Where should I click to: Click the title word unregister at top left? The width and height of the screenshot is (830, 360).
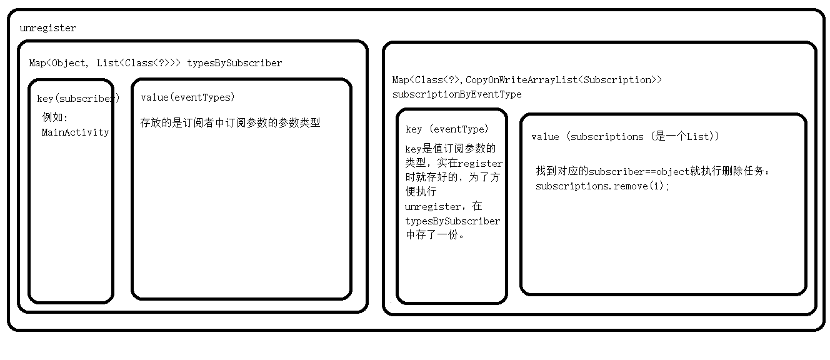(48, 28)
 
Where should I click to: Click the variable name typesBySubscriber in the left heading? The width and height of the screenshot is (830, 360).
(234, 63)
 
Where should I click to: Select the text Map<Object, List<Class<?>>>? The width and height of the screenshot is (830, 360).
(105, 63)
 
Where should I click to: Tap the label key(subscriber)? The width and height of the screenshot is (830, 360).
(78, 99)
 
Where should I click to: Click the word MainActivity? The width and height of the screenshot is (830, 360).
(75, 132)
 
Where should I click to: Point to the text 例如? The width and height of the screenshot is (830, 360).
(54, 117)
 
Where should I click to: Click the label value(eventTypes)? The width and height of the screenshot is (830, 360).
(187, 97)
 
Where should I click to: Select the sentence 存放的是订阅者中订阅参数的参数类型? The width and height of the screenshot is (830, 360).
(230, 123)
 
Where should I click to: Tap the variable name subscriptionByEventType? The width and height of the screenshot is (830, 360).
(456, 94)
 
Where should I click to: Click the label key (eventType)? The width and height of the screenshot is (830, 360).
(447, 129)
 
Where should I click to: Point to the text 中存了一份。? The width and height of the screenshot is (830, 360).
(435, 236)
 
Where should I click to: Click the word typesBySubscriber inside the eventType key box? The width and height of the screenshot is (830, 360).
(452, 221)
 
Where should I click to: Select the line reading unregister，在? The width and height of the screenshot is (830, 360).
(444, 206)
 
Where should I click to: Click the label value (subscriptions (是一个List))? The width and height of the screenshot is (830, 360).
(625, 137)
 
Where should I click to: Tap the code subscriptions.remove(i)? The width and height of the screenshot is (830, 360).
(602, 186)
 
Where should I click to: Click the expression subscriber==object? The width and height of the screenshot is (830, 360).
(639, 171)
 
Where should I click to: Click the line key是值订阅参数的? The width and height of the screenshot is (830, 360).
(450, 149)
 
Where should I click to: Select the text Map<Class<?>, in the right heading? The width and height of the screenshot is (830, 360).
(428, 80)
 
